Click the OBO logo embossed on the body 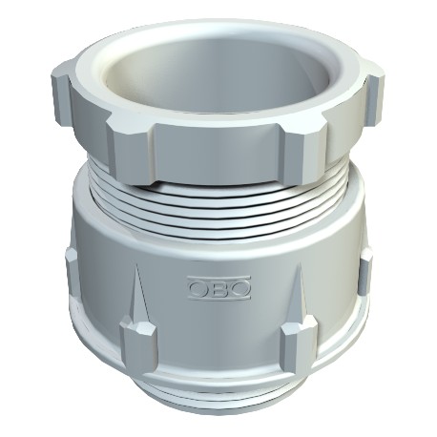tap(218, 284)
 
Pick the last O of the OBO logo tap(239, 284)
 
